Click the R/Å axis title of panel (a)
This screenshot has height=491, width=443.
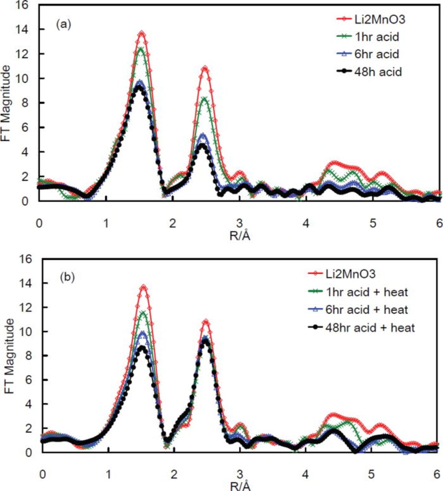240,235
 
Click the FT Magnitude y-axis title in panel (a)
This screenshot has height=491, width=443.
6,104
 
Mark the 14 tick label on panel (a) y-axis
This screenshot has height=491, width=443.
27,30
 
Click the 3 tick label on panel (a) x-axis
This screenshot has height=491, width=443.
239,222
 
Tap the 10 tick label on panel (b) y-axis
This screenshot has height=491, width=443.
27,331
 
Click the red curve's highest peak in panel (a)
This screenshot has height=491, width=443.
142,33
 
